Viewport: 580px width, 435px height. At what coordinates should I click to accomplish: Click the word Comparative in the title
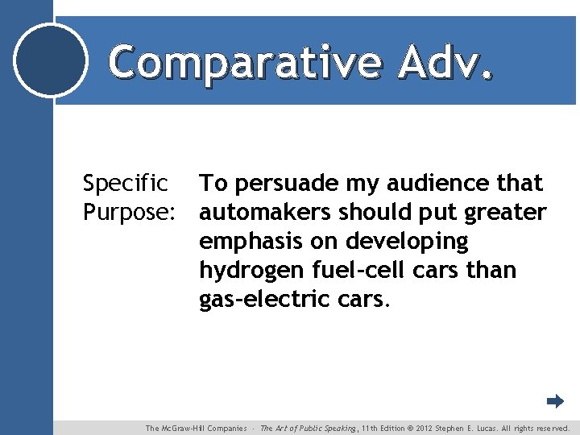pyautogui.click(x=244, y=62)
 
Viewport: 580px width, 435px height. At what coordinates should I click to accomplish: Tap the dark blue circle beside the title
pyautogui.click(x=51, y=60)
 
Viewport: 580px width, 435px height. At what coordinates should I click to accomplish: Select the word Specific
pyautogui.click(x=126, y=184)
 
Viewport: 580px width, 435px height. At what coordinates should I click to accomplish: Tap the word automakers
pyautogui.click(x=265, y=213)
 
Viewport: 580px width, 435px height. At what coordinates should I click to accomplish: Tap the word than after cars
pyautogui.click(x=491, y=271)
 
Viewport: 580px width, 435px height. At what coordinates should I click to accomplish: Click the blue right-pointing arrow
pyautogui.click(x=555, y=400)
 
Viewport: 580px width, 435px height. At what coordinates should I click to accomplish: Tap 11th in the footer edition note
pyautogui.click(x=371, y=429)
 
